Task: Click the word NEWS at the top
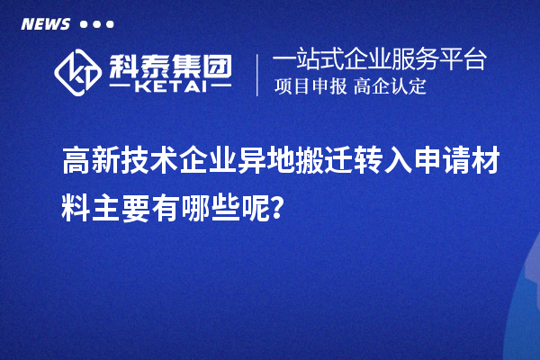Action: coord(45,24)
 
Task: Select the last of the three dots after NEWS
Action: coord(110,24)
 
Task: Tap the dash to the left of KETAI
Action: coord(121,88)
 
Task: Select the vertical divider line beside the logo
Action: coord(258,74)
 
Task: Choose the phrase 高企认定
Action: coord(390,87)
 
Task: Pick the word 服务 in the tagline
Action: coord(417,60)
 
